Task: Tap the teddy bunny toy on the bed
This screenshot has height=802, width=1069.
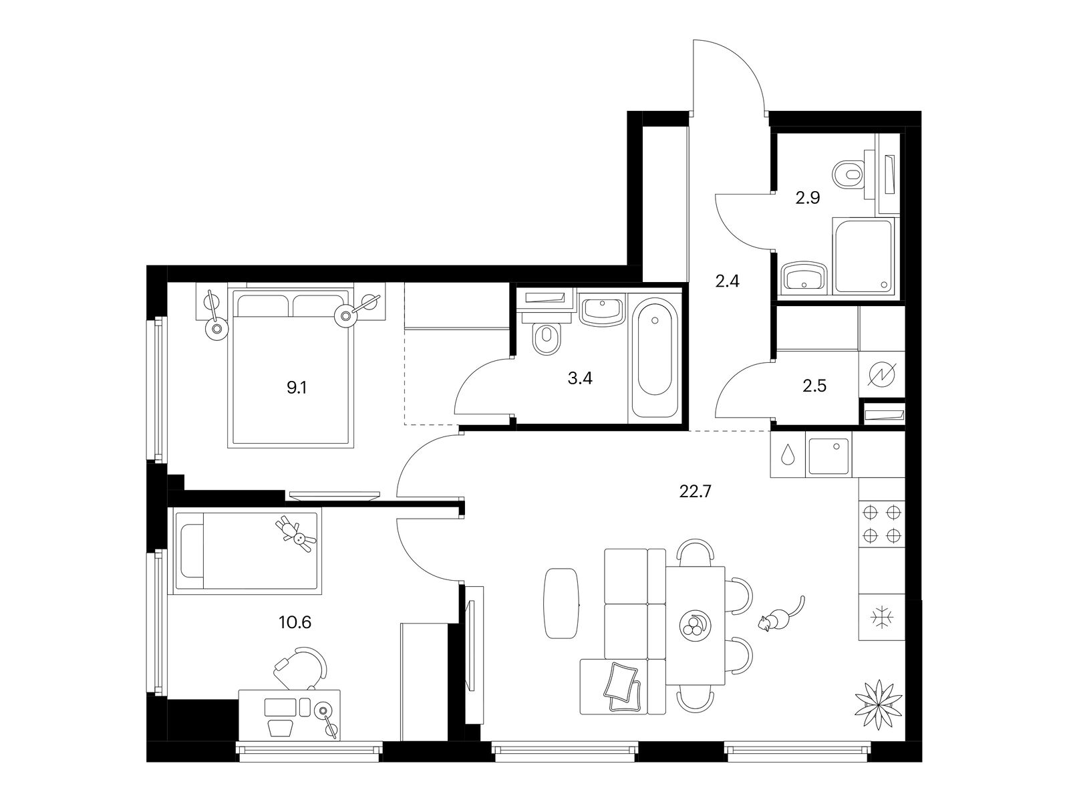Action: click(296, 534)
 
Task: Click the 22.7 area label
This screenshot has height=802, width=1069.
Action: click(696, 492)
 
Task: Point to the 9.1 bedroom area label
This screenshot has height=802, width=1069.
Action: click(297, 388)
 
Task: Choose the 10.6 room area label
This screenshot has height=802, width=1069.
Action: click(295, 622)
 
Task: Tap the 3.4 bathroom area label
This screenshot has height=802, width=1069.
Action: click(579, 378)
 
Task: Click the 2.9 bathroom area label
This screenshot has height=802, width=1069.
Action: click(808, 198)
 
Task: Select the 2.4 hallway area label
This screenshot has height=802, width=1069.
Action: click(728, 281)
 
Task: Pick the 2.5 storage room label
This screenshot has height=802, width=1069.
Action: click(814, 386)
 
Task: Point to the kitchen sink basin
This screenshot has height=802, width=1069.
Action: click(828, 456)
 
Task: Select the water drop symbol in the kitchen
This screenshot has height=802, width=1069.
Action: click(787, 454)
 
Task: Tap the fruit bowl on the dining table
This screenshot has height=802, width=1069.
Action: click(694, 624)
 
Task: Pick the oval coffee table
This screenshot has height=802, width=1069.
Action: click(561, 603)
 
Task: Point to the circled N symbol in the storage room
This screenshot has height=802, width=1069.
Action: click(881, 375)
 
